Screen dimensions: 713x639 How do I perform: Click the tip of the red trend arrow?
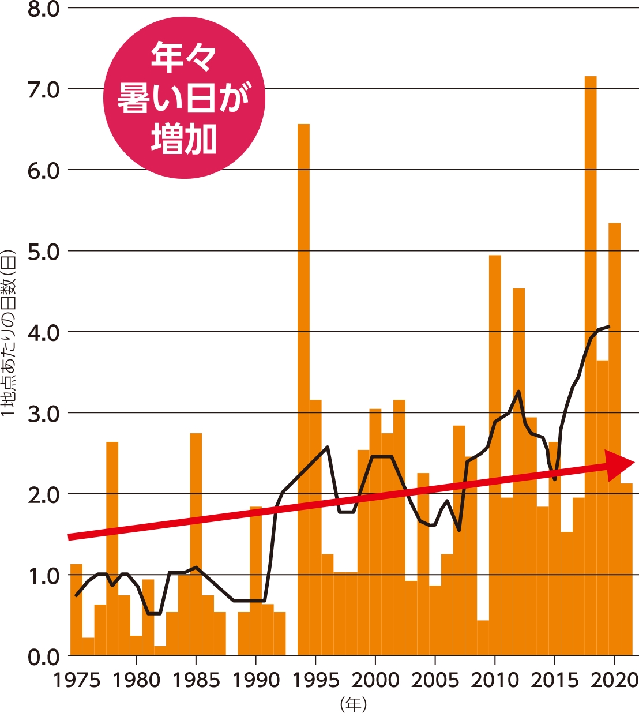[634, 462]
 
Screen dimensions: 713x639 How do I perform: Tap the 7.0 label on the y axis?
[44, 90]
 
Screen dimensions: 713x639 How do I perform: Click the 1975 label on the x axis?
[77, 681]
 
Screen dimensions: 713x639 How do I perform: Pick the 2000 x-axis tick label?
[375, 681]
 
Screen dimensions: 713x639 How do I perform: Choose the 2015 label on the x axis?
[555, 681]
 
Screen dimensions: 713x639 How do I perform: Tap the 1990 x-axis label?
[256, 681]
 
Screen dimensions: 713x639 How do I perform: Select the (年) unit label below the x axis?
[353, 704]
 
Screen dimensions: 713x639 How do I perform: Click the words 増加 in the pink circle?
[184, 139]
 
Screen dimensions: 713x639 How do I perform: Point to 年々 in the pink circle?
[184, 57]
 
